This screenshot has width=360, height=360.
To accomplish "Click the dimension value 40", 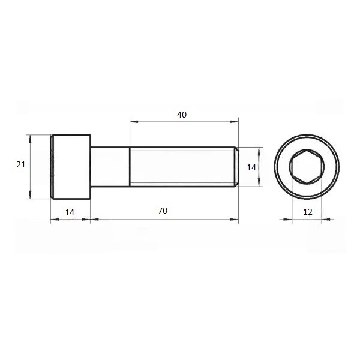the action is click(182, 115).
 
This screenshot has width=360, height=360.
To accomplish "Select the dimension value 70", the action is click(163, 211).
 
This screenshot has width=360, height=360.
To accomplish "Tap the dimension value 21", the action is click(21, 164).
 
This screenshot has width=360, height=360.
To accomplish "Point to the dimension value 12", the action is click(308, 212).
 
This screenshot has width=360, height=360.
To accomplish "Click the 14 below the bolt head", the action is click(70, 212).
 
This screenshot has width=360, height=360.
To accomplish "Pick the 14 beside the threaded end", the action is click(251, 167).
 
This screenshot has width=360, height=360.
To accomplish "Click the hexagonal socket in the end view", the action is click(307, 167).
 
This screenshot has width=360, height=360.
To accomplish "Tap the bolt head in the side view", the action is click(71, 167).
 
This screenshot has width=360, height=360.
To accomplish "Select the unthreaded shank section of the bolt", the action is click(110, 167).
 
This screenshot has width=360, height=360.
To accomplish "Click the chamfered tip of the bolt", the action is click(236, 167).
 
